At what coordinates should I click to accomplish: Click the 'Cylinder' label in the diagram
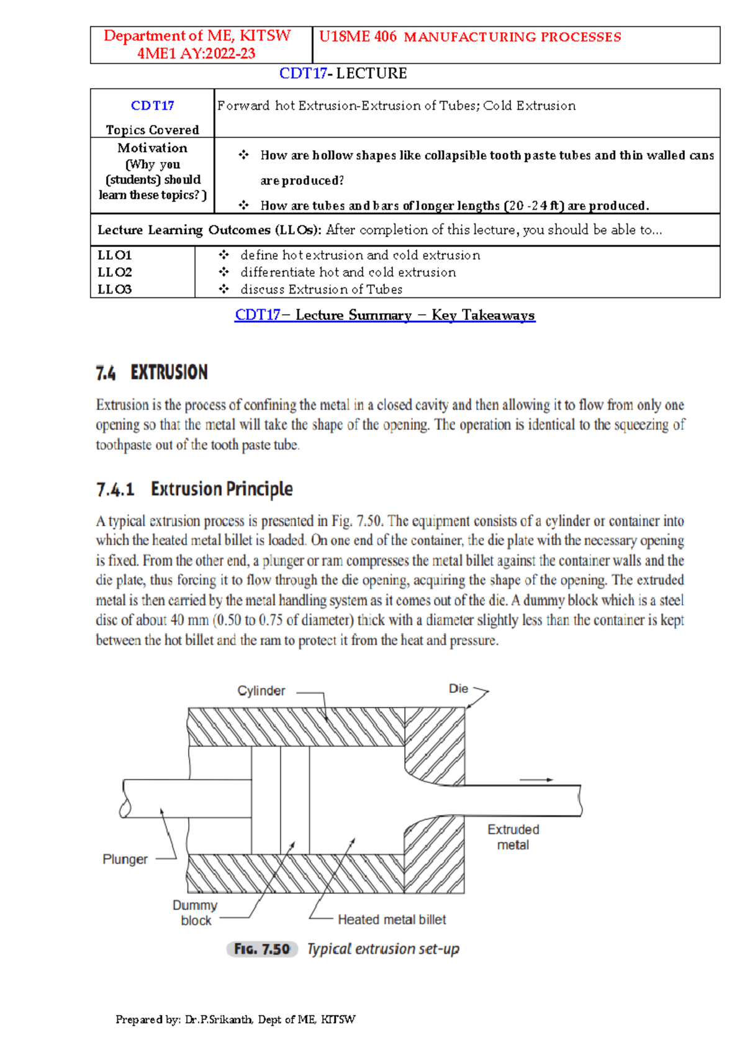click(x=261, y=691)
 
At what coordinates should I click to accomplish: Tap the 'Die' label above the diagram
click(x=458, y=689)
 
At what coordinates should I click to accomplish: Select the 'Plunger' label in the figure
click(x=125, y=859)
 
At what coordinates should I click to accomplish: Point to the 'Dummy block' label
click(x=195, y=913)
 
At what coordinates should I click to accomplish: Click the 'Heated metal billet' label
click(x=392, y=920)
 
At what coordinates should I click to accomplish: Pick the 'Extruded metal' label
click(x=513, y=837)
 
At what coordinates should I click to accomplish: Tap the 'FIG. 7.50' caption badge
click(x=262, y=949)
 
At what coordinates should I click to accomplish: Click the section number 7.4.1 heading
click(x=115, y=490)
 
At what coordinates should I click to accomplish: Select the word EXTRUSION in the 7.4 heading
click(x=169, y=373)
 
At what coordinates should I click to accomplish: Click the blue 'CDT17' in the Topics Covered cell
click(x=152, y=106)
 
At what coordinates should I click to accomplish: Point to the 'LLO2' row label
click(x=115, y=272)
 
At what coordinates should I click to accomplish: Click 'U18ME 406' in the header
click(x=358, y=37)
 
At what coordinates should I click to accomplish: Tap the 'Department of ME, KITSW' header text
click(x=197, y=36)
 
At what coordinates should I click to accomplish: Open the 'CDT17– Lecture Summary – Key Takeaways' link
click(x=384, y=315)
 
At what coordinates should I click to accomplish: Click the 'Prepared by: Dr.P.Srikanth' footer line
click(x=235, y=1019)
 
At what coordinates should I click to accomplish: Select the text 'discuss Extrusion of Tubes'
click(x=321, y=289)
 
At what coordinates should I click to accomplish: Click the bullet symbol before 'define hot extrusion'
click(x=224, y=255)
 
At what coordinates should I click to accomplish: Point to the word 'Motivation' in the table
click(x=152, y=148)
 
